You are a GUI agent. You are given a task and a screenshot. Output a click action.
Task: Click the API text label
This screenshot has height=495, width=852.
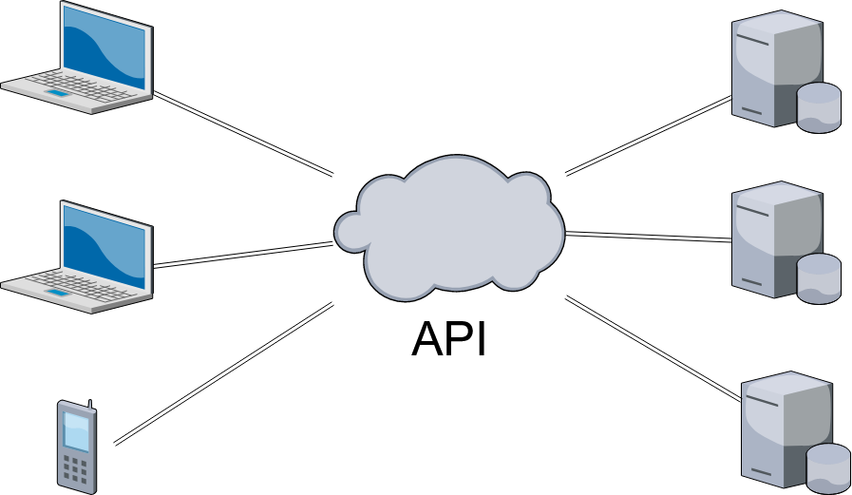448,339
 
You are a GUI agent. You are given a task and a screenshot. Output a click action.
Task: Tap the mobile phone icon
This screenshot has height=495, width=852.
77,447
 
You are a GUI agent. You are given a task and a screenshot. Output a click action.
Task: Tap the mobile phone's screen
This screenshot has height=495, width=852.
76,432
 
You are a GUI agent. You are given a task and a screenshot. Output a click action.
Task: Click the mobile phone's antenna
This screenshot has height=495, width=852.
90,405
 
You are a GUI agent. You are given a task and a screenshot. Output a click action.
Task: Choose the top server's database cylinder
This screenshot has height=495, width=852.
819,106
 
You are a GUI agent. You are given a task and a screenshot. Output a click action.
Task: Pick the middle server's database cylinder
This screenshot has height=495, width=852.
819,278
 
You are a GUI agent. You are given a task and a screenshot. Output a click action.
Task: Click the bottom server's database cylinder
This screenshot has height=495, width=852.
828,467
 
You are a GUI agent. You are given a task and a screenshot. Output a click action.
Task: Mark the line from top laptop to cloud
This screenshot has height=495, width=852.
243,133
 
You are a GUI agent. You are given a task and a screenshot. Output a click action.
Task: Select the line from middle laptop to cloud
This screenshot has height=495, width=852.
243,255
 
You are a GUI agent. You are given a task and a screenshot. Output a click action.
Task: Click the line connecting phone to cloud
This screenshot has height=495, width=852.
224,373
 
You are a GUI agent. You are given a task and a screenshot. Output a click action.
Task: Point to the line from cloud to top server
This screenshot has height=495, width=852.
649,135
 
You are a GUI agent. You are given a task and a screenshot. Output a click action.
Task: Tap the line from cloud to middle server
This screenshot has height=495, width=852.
649,237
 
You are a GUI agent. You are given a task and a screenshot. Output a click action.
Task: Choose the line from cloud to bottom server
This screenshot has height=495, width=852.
653,349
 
